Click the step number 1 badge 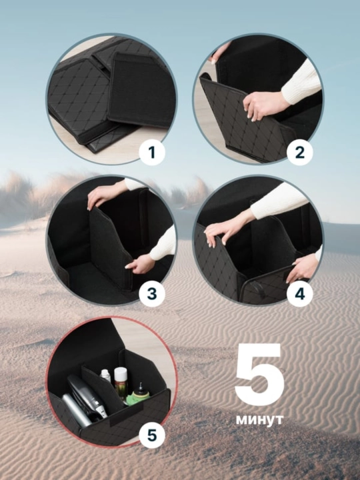coord(152,152)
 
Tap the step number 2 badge coord(300,152)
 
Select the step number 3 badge coord(152,294)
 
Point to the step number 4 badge coord(300,294)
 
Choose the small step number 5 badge coord(152,435)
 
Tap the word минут coord(259,419)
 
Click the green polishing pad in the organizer coord(141,395)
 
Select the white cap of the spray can coord(121,373)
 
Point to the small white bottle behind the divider coord(105,375)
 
